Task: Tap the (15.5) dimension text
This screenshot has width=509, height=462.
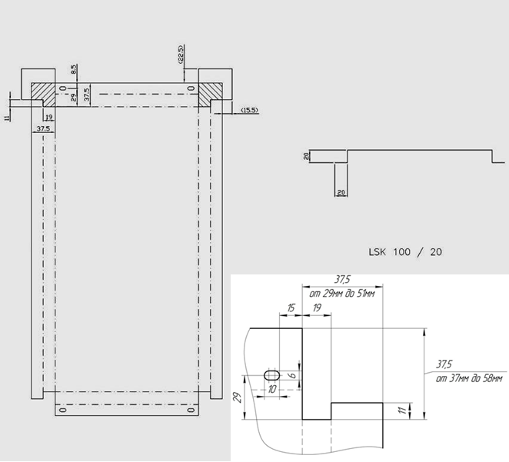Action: click(248, 111)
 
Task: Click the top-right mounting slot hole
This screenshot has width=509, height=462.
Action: click(191, 88)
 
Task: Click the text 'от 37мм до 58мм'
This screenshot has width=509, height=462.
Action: click(469, 377)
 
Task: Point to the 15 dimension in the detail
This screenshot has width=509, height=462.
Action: click(290, 307)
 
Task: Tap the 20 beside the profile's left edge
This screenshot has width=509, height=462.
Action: click(305, 156)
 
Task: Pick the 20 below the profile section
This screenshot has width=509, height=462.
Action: click(341, 191)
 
